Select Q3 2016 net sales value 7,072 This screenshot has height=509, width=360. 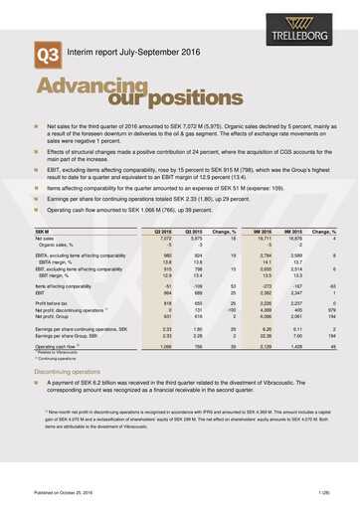click(165, 239)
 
